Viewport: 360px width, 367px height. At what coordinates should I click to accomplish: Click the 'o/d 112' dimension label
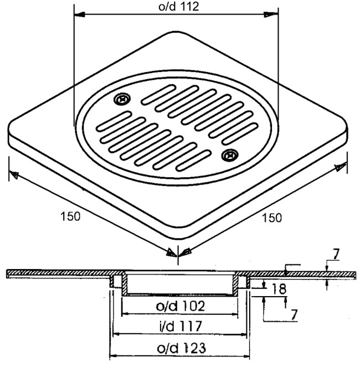click(179, 7)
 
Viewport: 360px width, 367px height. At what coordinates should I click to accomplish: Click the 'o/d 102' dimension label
click(181, 306)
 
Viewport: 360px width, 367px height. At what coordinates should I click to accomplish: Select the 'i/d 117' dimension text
click(181, 326)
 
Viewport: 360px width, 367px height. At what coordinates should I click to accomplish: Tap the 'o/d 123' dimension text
click(182, 348)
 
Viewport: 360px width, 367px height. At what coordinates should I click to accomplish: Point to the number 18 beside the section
click(279, 288)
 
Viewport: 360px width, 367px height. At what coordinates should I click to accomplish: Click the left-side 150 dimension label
click(70, 216)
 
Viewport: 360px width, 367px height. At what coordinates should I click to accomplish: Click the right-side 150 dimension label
click(272, 218)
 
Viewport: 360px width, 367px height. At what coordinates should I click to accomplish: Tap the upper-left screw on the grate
click(122, 99)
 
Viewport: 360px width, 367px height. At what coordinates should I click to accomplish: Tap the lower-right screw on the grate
click(230, 155)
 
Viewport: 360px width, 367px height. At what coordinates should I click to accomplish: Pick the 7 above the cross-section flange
click(336, 254)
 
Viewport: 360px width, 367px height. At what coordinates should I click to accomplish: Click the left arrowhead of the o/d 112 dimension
click(79, 15)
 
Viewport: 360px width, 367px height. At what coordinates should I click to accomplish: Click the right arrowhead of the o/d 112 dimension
click(271, 14)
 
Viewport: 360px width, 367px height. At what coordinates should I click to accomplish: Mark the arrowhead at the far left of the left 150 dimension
click(14, 175)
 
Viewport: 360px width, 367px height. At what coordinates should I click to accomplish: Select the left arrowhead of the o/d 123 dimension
click(114, 356)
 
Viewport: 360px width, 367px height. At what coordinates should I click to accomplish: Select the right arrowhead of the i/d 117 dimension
click(244, 334)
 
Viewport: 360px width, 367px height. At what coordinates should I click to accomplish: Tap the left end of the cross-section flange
click(7, 274)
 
